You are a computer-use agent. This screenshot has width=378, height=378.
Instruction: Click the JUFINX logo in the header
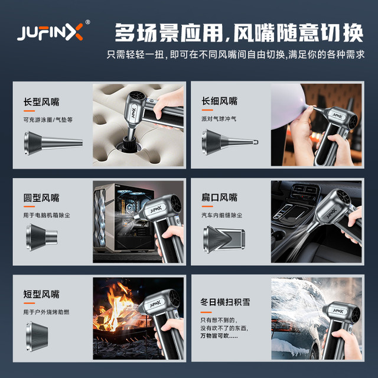[x=50, y=32]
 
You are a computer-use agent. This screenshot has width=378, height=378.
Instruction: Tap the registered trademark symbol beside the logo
[x=87, y=22]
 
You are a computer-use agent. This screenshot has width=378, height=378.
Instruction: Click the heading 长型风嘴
[x=41, y=102]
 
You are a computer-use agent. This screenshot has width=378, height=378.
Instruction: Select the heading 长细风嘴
[x=219, y=101]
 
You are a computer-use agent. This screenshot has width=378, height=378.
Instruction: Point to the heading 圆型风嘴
[x=41, y=198]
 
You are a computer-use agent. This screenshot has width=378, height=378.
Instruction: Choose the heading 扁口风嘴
[x=219, y=197]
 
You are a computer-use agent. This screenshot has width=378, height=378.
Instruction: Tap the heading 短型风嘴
[x=41, y=294]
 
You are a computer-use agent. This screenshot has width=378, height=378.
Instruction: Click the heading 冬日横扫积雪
[x=225, y=302]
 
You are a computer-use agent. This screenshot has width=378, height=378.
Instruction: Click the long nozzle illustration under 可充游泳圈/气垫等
[x=53, y=143]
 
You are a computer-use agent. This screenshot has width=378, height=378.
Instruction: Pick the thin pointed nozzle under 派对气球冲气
[x=230, y=142]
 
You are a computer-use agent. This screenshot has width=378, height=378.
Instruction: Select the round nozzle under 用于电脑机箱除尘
[x=42, y=237]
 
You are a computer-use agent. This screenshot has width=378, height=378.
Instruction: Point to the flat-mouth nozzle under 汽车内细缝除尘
[x=224, y=239]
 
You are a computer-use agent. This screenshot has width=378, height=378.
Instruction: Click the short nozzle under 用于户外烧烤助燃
[x=37, y=336]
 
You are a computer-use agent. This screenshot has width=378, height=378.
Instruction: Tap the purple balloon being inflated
[x=288, y=106]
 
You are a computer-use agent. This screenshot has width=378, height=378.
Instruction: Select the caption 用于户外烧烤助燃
[x=46, y=312]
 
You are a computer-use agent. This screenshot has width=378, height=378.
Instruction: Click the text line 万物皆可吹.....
[x=219, y=335]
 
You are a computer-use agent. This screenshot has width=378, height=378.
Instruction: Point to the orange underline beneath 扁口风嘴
[x=207, y=206]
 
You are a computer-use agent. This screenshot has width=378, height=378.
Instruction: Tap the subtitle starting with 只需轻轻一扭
[x=236, y=55]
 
